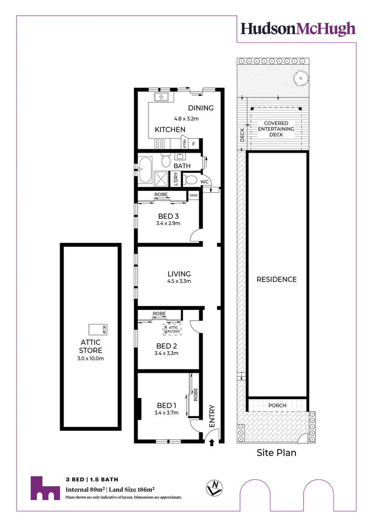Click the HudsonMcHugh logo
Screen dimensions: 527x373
click(297, 29)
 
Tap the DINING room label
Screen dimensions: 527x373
click(201, 108)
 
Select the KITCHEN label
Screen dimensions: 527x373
click(170, 129)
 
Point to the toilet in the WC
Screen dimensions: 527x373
click(192, 180)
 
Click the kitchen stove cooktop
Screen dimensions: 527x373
click(160, 143)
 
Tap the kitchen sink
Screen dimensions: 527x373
click(162, 97)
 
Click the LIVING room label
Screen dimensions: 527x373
click(178, 274)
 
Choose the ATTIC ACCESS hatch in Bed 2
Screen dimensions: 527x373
click(173, 329)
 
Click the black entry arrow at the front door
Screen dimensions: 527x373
click(212, 443)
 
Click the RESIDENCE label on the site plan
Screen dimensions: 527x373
click(277, 280)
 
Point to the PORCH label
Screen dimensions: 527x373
click(277, 405)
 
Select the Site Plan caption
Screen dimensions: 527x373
click(277, 453)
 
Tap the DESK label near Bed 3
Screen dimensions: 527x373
click(193, 195)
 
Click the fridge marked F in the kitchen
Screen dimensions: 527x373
click(194, 144)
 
